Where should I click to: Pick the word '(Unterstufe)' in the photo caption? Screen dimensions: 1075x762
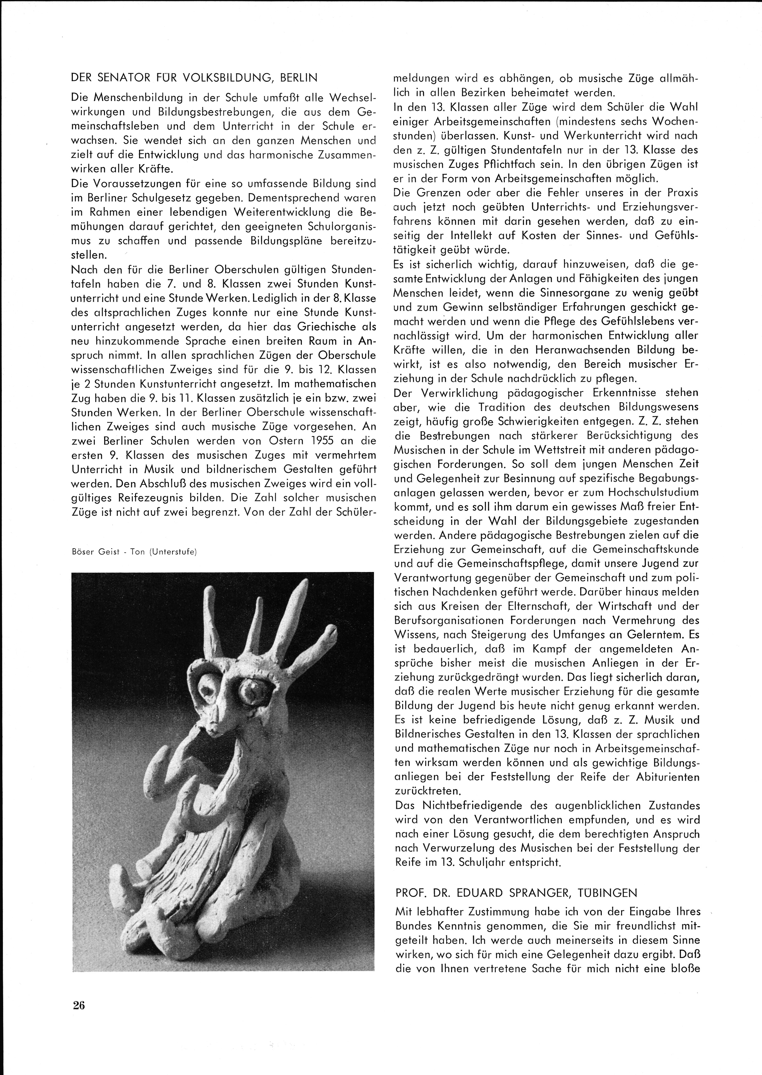click(173, 552)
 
